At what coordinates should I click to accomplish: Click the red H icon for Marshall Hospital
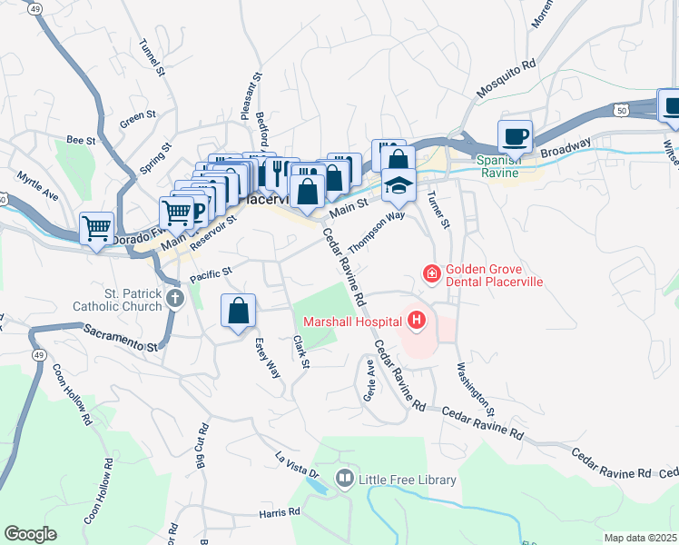pos(417,320)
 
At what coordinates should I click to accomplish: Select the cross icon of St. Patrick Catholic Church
pos(174,297)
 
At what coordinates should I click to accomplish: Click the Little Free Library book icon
pos(345,479)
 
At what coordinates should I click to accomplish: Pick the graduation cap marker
pos(399,185)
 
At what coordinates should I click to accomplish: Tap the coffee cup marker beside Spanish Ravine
pos(516,136)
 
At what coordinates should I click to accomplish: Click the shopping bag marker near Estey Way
pos(238,312)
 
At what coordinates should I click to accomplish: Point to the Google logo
pos(30,534)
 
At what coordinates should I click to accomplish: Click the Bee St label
pos(81,140)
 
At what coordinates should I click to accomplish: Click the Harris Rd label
pos(279,512)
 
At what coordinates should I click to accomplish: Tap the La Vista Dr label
pos(298,463)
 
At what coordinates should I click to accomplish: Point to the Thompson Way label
pos(377,233)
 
